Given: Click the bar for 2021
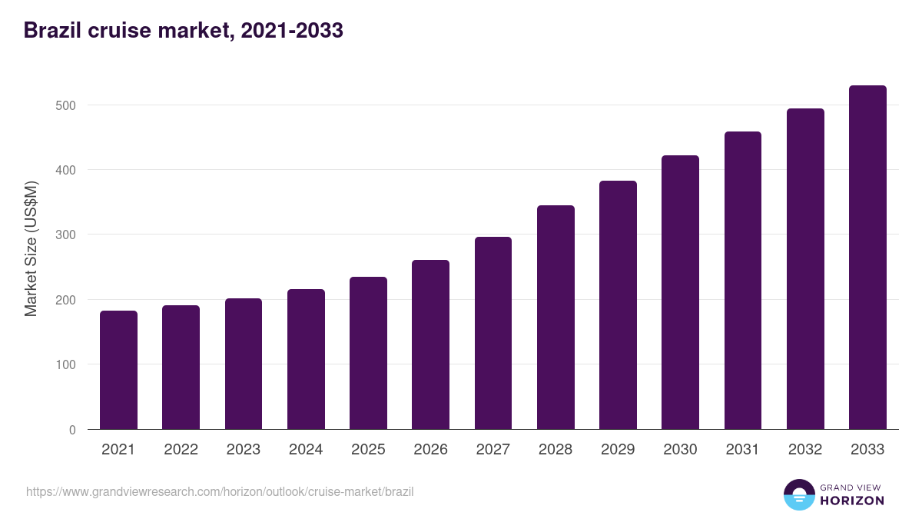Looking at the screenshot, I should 118,370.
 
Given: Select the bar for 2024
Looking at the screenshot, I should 306,359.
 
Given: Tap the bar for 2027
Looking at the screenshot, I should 493,333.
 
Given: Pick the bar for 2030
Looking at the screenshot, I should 680,292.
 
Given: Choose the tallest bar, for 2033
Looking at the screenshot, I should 867,258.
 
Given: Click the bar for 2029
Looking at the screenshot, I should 618,305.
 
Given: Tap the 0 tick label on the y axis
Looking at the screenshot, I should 72,430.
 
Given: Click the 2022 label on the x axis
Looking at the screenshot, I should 181,450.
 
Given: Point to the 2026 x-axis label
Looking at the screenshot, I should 430,450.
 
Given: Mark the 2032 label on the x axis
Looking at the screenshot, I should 805,450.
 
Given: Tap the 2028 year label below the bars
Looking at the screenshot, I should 556,450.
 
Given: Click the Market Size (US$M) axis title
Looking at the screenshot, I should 31,248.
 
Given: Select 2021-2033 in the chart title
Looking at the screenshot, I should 291,31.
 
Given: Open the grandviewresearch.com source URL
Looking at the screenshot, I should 220,491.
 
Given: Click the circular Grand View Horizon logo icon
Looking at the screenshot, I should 799,495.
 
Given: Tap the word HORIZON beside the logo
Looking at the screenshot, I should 852,501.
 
